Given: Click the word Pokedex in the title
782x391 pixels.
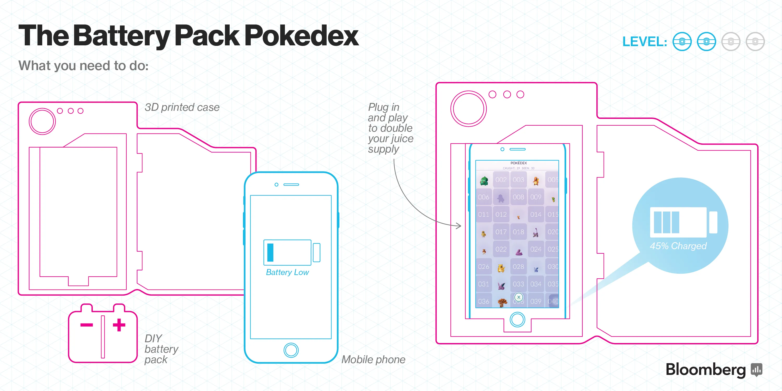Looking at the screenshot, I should coord(301,36).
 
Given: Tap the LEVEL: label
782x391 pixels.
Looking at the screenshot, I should coord(644,42).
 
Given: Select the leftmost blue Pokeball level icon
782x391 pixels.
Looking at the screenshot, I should coord(682,42).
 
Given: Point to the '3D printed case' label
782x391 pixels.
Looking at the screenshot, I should coord(182,107).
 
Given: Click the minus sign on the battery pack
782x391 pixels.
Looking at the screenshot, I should coord(87,325).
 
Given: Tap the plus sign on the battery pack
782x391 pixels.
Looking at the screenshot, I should coord(119,325).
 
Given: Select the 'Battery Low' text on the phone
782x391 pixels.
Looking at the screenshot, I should coord(287,272).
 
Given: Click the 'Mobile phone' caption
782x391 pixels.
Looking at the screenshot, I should coord(373,359).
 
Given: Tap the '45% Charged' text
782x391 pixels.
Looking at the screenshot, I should coord(678,246).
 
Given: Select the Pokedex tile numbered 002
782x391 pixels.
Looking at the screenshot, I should coord(501,180).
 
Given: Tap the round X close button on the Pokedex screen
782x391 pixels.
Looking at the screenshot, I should coord(519,297).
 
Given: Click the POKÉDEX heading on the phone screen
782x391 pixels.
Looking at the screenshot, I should coord(518,163).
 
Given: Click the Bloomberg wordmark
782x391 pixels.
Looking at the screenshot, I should coord(706,369).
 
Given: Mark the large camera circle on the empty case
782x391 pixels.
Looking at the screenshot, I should coord(42,121).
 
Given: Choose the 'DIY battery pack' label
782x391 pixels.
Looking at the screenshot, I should coord(161,349).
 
